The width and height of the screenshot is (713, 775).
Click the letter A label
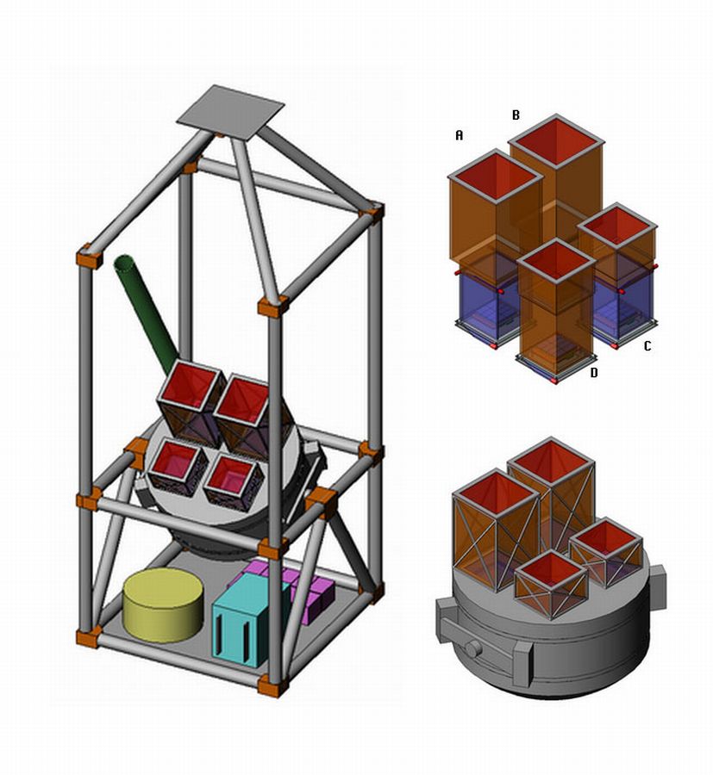(x=460, y=135)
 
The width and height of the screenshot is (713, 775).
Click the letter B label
(x=516, y=115)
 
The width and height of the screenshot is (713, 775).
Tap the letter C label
(x=647, y=346)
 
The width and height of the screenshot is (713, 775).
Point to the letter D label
(x=594, y=373)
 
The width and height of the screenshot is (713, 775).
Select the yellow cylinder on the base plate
(x=163, y=605)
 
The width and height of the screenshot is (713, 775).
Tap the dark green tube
(x=145, y=313)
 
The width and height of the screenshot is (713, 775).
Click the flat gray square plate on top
(x=230, y=112)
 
